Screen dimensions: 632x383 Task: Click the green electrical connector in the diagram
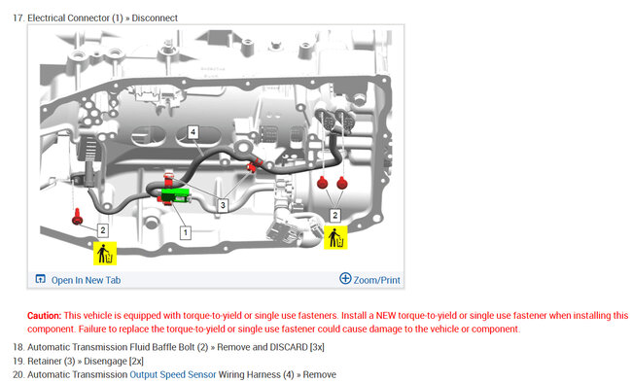(x=175, y=195)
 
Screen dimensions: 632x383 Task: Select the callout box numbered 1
(x=186, y=232)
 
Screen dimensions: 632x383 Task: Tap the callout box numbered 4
(x=193, y=132)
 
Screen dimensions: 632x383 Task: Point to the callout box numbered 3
(x=223, y=205)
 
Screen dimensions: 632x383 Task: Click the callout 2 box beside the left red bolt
(x=103, y=230)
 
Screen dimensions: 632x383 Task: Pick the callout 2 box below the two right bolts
(x=334, y=215)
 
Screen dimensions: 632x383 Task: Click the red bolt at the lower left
(x=77, y=217)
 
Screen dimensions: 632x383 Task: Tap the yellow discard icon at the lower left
(x=105, y=253)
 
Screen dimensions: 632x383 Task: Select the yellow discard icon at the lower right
(x=335, y=237)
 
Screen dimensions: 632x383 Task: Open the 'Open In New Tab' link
(x=86, y=280)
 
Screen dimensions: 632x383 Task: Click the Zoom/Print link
(x=377, y=280)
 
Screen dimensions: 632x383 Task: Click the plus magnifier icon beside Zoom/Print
(x=345, y=278)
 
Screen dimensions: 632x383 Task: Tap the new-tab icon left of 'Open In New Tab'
(x=40, y=279)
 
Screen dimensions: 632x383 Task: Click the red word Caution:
(x=45, y=316)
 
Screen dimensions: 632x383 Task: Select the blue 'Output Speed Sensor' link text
(x=173, y=374)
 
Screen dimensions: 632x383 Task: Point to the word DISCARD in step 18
(x=289, y=347)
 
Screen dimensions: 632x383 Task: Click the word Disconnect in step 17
(x=155, y=18)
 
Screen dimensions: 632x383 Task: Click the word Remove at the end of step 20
(x=320, y=374)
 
